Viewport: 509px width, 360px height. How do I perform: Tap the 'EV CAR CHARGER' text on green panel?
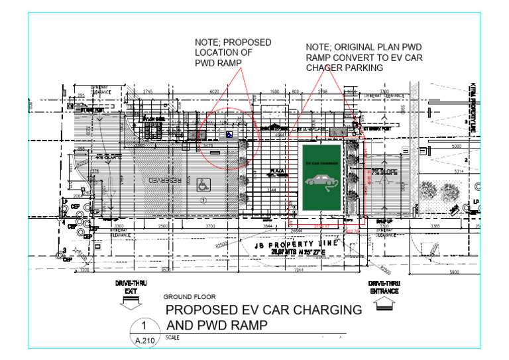click(x=321, y=162)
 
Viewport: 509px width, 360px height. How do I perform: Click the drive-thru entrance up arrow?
click(x=384, y=304)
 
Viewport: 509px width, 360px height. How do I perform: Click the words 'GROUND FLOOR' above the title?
click(x=186, y=298)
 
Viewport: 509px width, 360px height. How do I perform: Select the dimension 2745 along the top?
click(x=148, y=91)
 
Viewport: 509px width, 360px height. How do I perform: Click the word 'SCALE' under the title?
click(x=172, y=337)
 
